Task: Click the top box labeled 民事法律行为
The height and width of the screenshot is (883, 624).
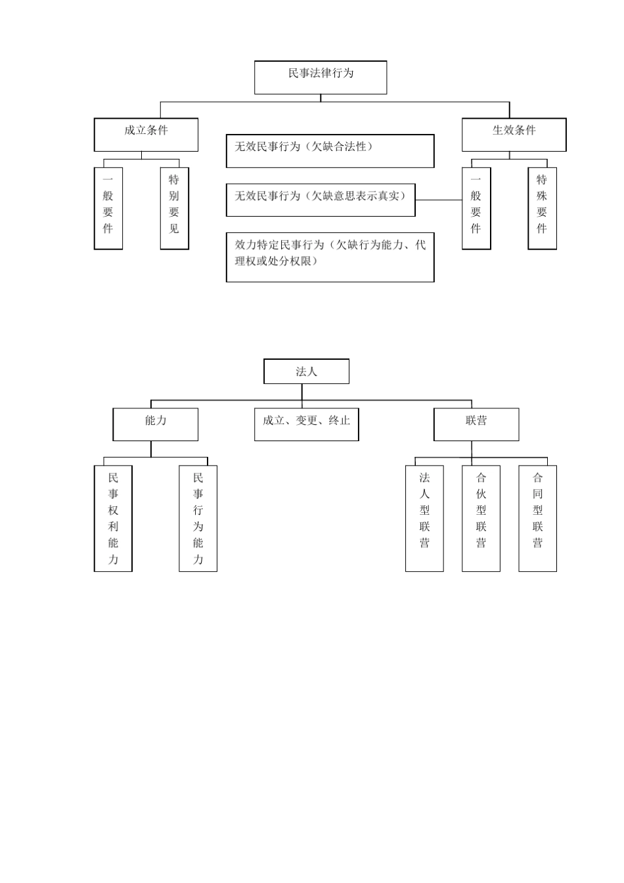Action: [321, 77]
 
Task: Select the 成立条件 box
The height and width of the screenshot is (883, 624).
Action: [146, 135]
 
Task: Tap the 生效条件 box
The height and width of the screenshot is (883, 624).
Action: [514, 135]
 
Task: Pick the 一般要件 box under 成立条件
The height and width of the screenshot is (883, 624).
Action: [108, 208]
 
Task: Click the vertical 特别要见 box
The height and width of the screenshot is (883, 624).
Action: [174, 208]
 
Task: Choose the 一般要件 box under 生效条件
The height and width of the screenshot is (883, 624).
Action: [476, 208]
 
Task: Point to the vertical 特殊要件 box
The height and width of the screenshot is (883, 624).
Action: [542, 208]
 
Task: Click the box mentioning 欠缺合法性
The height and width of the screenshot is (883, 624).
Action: [330, 151]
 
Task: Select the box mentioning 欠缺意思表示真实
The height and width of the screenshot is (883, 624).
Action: [321, 200]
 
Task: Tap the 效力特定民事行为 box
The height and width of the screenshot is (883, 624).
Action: [330, 257]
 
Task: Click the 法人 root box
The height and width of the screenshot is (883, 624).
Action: [306, 371]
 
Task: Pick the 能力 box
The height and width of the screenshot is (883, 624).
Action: [155, 424]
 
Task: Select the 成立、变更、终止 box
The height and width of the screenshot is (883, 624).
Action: [306, 424]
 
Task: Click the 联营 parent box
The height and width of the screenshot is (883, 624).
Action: [476, 424]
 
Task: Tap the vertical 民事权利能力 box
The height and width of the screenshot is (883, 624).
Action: [113, 518]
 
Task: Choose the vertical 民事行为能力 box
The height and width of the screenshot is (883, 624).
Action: [198, 518]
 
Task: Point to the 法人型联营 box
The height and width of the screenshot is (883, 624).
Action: [424, 518]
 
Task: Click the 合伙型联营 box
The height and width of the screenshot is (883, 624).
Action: [481, 518]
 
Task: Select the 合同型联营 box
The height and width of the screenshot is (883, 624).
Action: [537, 518]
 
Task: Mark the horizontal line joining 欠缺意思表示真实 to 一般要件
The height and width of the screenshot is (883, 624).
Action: [439, 200]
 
